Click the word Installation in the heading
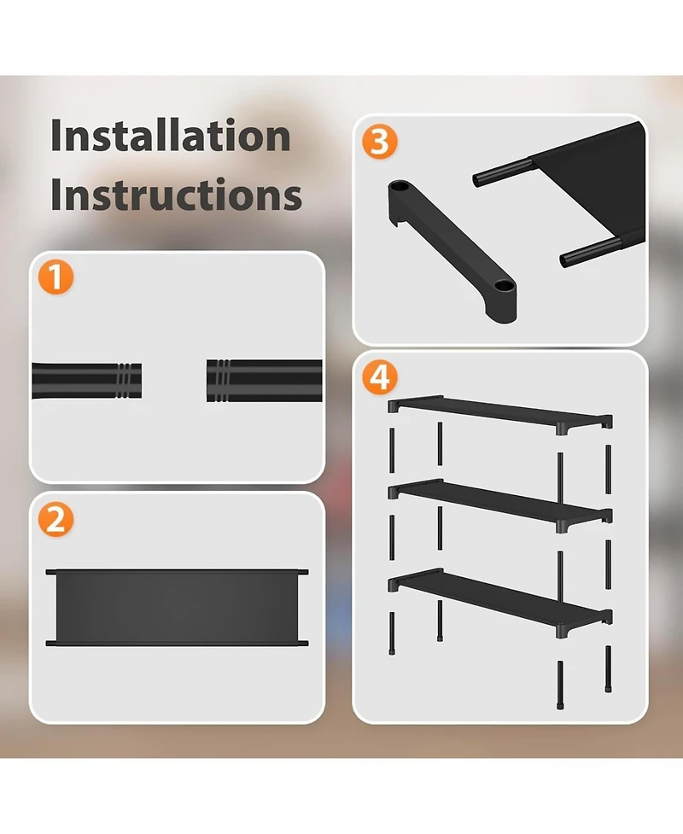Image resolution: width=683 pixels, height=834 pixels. click(170, 137)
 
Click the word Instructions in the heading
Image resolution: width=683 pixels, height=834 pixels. click(176, 195)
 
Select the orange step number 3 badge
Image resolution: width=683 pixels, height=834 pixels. click(380, 143)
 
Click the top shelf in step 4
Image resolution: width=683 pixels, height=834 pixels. click(499, 411)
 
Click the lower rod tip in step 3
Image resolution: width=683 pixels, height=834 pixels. click(568, 260)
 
